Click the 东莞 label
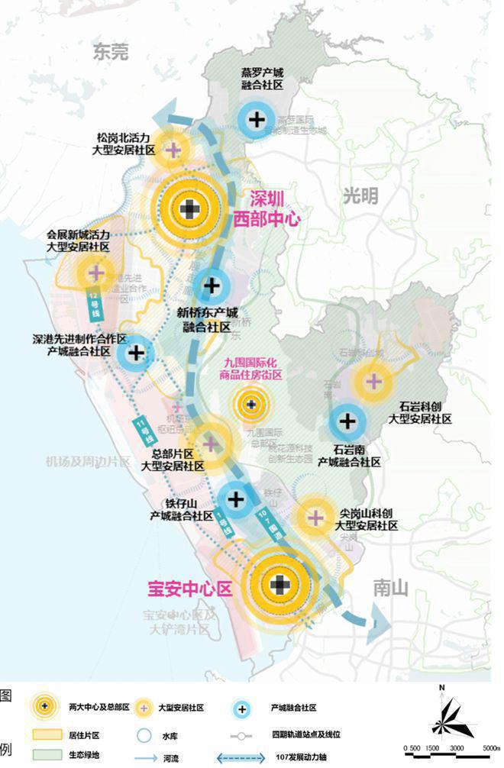pos(111,52)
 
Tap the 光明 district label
pos(360,195)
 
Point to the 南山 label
pos(391,588)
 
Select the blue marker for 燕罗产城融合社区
pos(258,119)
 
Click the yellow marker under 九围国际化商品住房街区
pos(251,405)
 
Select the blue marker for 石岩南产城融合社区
pos(347,421)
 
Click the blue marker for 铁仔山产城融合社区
pos(236,499)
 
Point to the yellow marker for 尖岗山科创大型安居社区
pos(315,518)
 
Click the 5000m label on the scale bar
pos(486,749)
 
